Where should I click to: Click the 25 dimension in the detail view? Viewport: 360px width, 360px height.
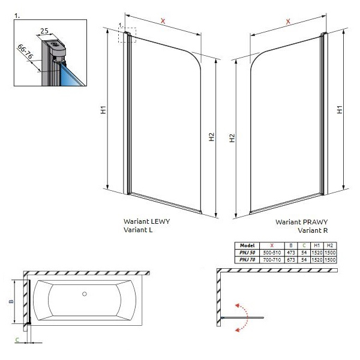point(44,31)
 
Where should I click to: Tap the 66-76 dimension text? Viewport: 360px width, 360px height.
point(25,52)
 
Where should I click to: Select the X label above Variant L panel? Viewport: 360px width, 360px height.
point(163,21)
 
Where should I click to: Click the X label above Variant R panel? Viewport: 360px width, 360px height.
point(288,22)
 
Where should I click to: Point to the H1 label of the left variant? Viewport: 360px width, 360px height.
point(104,110)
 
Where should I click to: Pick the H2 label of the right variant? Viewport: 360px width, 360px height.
point(232,138)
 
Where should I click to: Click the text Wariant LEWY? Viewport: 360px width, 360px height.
point(147,221)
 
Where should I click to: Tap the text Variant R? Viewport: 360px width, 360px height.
point(313,230)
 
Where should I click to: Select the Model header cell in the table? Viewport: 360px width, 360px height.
point(247,245)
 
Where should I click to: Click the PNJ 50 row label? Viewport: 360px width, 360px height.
point(247,253)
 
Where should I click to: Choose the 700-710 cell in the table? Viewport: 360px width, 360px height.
point(272,260)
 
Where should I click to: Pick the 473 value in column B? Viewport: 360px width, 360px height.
point(291,253)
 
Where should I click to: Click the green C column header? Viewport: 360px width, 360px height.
point(304,245)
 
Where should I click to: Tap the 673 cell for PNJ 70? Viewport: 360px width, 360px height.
point(291,260)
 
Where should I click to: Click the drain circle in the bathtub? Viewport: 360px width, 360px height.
point(85,293)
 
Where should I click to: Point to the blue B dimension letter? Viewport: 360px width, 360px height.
point(11,301)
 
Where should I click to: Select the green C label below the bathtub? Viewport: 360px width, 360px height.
point(17,340)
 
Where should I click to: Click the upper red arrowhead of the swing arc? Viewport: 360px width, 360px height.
point(238,305)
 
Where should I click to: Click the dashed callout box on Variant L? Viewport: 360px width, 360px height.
point(127,35)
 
